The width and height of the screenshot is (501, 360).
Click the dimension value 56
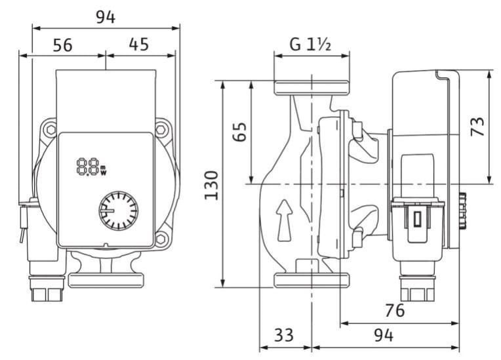point(63,45)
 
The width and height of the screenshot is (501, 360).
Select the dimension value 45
point(139,45)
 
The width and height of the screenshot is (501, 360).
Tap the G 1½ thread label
point(310,45)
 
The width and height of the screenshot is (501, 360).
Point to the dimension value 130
point(212,186)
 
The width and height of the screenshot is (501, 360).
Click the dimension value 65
point(239,131)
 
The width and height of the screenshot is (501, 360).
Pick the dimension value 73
point(477,127)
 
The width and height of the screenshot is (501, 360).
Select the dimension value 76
point(395,310)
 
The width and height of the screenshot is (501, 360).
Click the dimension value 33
point(284,335)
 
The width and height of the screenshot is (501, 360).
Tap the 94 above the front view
point(106,17)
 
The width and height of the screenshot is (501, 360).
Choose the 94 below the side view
point(384,335)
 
